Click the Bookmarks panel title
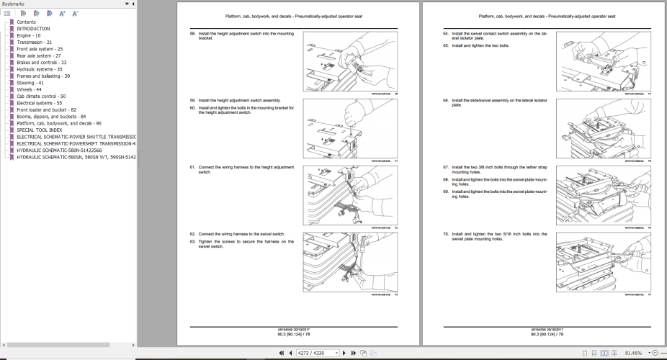point(14,4)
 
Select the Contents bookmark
point(26,22)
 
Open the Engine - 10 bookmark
point(28,35)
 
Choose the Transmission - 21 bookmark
point(35,42)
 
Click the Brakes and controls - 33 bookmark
point(42,63)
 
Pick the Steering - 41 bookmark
point(30,83)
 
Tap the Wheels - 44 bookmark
point(29,89)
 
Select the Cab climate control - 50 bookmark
point(41,96)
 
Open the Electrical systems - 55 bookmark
point(40,103)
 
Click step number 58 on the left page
point(192,34)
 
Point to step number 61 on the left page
point(192,167)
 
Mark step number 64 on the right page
point(446,34)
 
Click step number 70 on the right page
point(446,234)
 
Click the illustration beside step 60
point(335,127)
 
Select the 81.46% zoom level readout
point(634,353)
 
